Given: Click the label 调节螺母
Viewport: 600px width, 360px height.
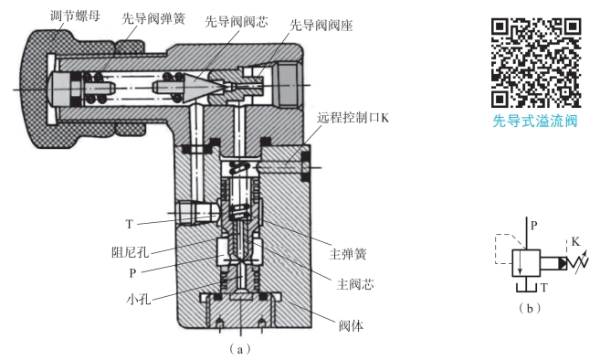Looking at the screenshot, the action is pos(75,16).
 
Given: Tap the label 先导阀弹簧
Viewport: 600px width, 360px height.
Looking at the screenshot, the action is pos(153,18).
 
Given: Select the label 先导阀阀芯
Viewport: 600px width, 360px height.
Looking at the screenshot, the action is pos(237,21).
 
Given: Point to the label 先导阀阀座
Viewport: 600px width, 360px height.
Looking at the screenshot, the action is pos(321,26).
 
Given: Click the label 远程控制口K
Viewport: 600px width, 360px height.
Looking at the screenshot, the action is pos(353,118).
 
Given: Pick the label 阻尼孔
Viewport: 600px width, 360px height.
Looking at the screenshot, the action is pos(131,252).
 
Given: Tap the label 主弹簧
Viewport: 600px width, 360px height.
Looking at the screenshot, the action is pos(348,254).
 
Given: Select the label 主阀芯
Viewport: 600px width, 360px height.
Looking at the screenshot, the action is pos(355,284).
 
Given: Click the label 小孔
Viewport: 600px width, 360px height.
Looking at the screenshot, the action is pos(139,299).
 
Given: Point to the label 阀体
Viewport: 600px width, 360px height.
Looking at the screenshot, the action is pos(351,326).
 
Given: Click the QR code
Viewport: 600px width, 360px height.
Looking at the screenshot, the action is pos(536,63).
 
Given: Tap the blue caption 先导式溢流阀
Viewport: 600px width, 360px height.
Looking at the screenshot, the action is pos(535,121).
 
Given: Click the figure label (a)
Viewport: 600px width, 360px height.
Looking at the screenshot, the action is pos(240,349).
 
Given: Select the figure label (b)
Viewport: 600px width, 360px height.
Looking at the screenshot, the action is pos(530,308).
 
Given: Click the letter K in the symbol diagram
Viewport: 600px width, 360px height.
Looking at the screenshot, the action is pos(575,241).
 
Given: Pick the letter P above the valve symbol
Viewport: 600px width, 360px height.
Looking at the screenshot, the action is pos(534,226).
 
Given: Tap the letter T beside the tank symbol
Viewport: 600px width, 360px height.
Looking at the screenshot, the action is pos(544,287).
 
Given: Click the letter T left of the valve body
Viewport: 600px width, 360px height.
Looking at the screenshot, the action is pos(130,224).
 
